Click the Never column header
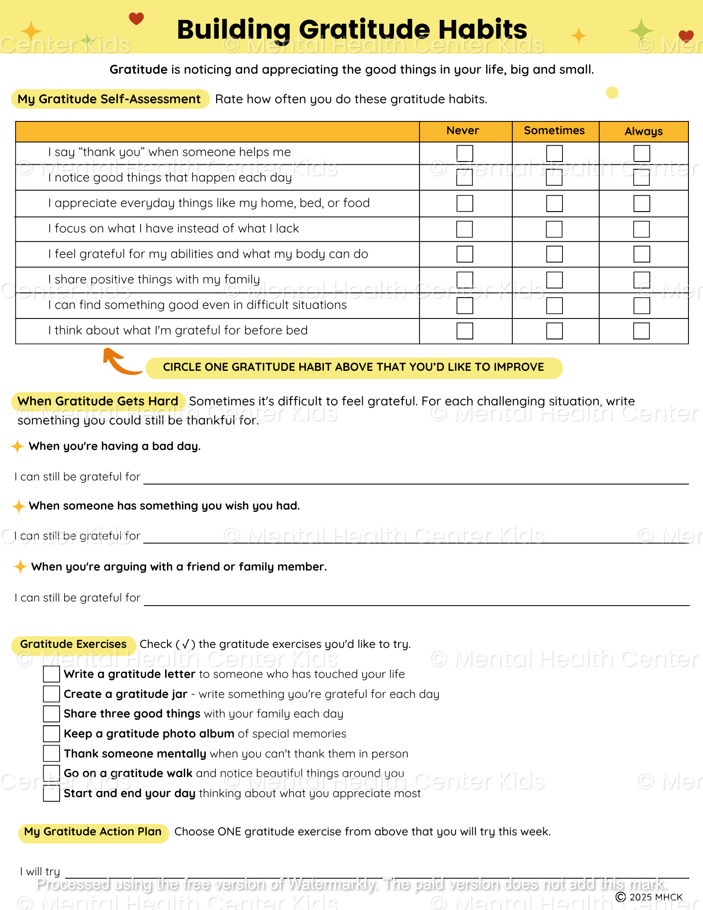pos(462,131)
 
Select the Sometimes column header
pos(554,131)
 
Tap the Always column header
pos(643,131)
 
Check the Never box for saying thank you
pos(465,153)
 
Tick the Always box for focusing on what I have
pos(642,229)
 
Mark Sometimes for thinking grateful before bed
pos(554,331)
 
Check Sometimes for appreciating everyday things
pos(554,203)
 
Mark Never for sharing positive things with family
pos(465,280)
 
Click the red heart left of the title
pos(136,19)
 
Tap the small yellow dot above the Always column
pos(612,93)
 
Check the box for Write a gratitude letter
pos(51,674)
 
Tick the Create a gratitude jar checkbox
pos(51,694)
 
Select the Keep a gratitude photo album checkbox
pos(51,733)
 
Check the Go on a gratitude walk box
pos(51,773)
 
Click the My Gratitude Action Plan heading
pos(93,832)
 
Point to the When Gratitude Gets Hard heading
pos(98,401)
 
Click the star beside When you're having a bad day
pos(17,446)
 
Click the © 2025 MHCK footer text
pos(649,897)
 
